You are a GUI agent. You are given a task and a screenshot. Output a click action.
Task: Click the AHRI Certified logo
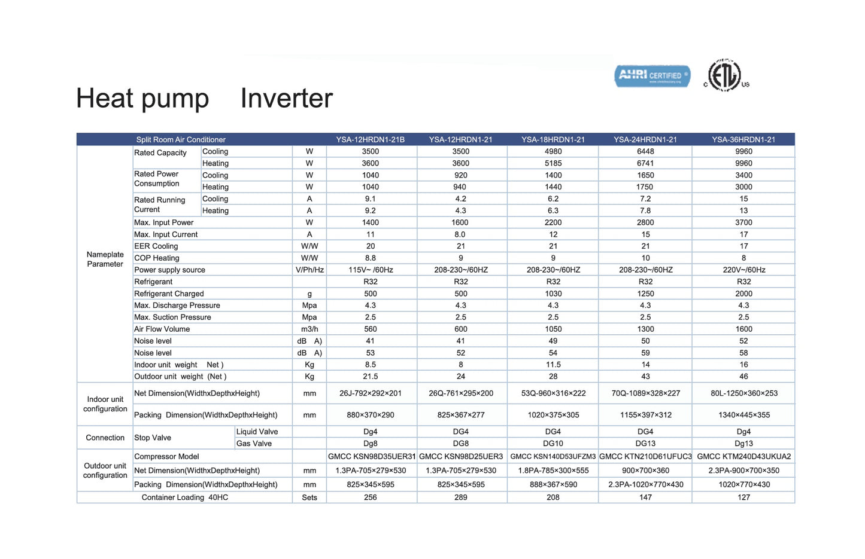tap(652, 76)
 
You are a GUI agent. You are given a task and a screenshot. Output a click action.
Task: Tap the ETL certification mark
tap(726, 76)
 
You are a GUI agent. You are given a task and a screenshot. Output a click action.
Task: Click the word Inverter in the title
tap(286, 98)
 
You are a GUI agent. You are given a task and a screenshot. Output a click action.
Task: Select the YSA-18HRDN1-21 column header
tap(553, 139)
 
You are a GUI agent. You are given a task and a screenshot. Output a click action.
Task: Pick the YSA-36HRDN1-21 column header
tap(743, 139)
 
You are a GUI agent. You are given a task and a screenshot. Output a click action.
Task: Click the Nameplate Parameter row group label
tap(105, 259)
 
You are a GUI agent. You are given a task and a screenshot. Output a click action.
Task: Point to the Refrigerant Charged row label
tap(169, 294)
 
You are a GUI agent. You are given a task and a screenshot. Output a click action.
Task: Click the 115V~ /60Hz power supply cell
tap(371, 270)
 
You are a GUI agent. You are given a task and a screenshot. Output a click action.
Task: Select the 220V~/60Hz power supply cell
tap(743, 270)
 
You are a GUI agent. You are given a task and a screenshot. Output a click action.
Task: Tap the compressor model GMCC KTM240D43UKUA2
tap(743, 456)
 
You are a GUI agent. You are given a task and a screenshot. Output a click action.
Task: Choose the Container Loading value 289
tap(460, 497)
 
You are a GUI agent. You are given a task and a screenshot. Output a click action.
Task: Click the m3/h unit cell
tap(309, 329)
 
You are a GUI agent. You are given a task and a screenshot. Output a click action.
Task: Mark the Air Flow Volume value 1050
tap(553, 329)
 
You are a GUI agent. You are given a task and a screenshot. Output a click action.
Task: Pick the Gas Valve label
tap(254, 444)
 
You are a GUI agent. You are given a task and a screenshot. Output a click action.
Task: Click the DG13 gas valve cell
tap(645, 444)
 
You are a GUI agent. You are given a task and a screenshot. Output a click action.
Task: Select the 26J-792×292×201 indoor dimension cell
tap(371, 393)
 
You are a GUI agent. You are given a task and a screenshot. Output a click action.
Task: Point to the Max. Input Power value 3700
tap(743, 222)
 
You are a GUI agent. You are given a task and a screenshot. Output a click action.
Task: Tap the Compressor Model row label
tap(166, 456)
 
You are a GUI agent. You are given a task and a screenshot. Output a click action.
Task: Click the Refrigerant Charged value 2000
tap(743, 294)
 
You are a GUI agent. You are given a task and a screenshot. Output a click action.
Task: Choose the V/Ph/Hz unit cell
tap(309, 270)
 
